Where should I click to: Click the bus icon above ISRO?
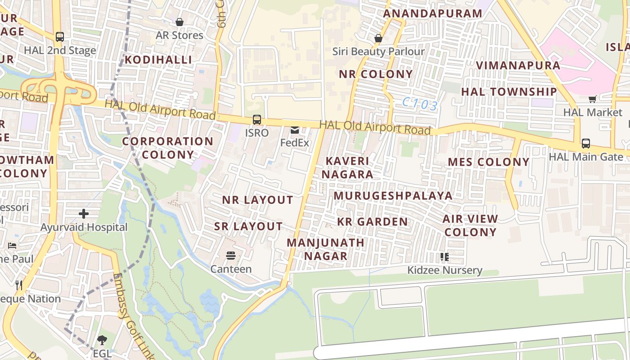click(x=256, y=120)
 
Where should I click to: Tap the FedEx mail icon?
click(x=295, y=130)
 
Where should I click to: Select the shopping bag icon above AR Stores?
click(x=179, y=22)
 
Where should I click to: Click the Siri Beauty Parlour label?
click(x=378, y=51)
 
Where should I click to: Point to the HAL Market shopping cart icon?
click(x=593, y=99)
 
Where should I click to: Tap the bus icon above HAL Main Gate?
click(x=585, y=144)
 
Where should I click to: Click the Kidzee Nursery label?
click(x=445, y=270)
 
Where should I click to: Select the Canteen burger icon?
click(x=231, y=256)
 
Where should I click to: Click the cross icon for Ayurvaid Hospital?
click(x=84, y=214)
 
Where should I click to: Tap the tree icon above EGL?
click(x=102, y=340)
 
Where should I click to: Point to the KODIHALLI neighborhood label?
click(x=158, y=60)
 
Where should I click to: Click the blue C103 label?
click(x=420, y=105)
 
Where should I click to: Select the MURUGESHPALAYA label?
click(x=393, y=196)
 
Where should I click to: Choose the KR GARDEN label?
click(x=373, y=221)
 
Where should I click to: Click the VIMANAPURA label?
click(x=518, y=65)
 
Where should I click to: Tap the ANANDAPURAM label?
click(x=432, y=13)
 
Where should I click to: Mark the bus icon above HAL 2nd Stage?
click(x=59, y=37)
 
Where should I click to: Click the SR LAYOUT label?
click(x=248, y=226)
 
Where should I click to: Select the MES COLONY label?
click(x=489, y=162)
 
